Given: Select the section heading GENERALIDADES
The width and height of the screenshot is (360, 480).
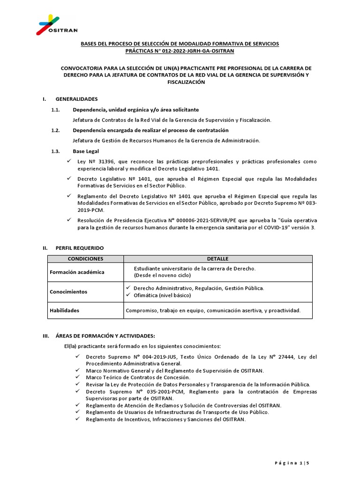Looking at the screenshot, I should point(76,99).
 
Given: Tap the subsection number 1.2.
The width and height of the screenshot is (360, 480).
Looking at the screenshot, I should point(56,130).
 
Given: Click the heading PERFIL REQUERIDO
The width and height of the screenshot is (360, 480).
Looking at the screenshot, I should point(80,247).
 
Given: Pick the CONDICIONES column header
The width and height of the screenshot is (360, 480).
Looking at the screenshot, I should point(85,259).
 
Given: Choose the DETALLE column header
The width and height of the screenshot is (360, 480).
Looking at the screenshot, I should point(217,259).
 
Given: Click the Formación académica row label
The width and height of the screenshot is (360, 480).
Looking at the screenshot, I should point(77,272).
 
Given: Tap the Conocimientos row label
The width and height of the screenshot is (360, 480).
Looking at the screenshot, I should point(68,292).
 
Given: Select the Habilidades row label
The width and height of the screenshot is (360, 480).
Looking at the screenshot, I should point(64,310).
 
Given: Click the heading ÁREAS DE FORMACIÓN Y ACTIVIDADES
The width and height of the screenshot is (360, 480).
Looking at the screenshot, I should point(105,336).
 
